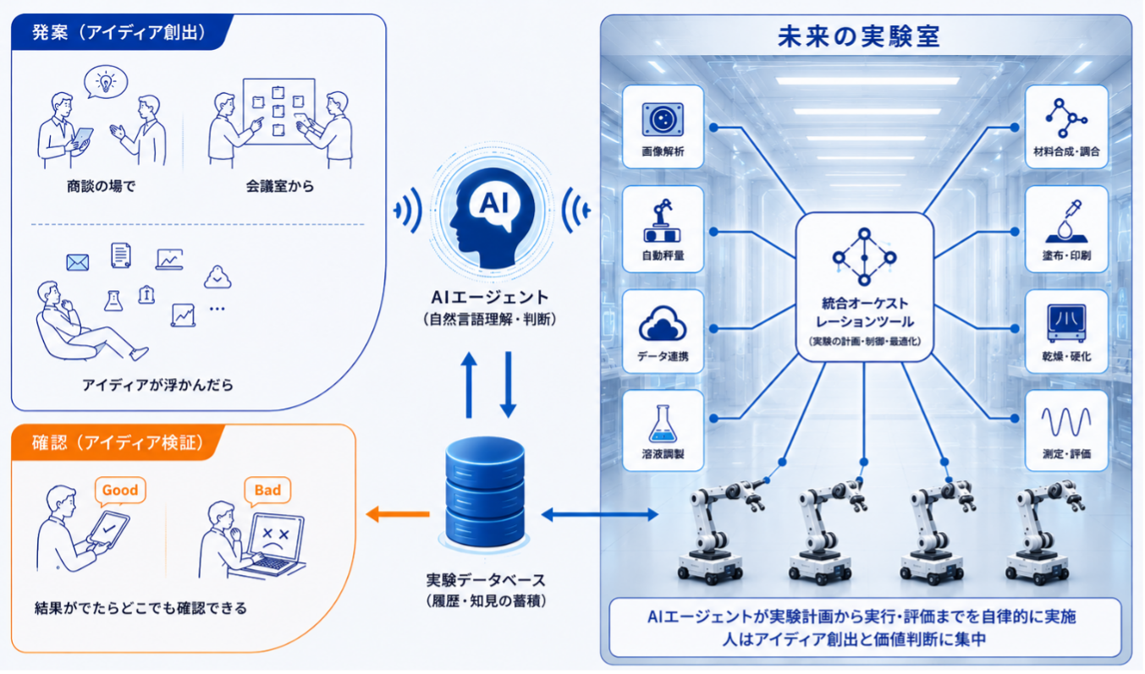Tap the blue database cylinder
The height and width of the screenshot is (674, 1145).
(x=485, y=491)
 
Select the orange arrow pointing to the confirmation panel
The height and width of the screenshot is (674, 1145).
(x=398, y=514)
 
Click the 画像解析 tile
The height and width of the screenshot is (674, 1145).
(x=663, y=127)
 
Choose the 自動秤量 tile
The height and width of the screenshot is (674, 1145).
(x=663, y=229)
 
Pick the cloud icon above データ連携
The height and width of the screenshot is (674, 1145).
(x=663, y=323)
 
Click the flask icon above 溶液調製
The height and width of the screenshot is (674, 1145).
(x=663, y=424)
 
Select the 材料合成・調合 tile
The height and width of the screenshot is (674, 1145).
(x=1066, y=127)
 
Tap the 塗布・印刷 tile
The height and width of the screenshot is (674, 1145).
(x=1066, y=229)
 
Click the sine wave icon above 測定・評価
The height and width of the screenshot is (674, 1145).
(x=1066, y=422)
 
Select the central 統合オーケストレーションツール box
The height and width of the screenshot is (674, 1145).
(x=864, y=288)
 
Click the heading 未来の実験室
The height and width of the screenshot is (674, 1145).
(x=859, y=37)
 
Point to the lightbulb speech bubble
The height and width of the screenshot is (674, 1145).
(x=106, y=82)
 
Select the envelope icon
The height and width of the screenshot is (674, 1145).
(x=78, y=263)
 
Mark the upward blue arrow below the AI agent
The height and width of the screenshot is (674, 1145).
(x=469, y=385)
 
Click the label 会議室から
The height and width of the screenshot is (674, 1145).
(x=280, y=186)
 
